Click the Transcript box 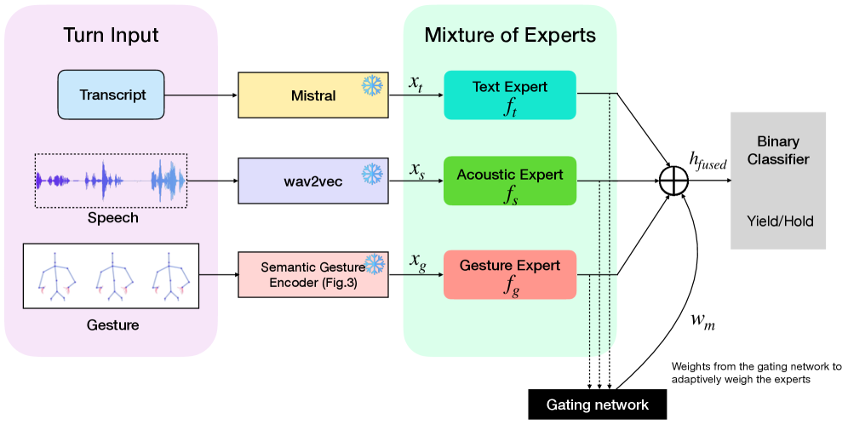tap(114, 95)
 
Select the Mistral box tap(312, 95)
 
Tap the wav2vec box tap(312, 180)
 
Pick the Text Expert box tap(510, 95)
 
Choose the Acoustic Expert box tap(510, 181)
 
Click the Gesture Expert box tap(510, 274)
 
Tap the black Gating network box tap(597, 405)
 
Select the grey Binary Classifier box tap(777, 181)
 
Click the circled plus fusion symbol tap(674, 181)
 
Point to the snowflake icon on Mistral tap(372, 85)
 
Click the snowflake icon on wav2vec tap(372, 174)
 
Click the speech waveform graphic tap(111, 180)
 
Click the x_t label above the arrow tap(415, 83)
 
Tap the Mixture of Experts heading tap(510, 36)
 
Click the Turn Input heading tap(111, 36)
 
